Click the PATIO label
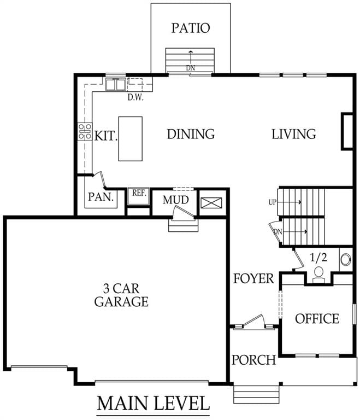[191, 28]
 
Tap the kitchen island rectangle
[131, 139]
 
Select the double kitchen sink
[116, 84]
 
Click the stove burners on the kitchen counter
[85, 131]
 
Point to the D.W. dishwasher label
[135, 97]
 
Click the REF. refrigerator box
[138, 196]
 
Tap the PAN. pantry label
[101, 197]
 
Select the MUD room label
[175, 200]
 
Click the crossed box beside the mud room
[211, 203]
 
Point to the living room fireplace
[347, 131]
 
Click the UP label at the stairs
[272, 202]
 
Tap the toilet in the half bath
[319, 275]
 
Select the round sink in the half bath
[346, 260]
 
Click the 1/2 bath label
[318, 258]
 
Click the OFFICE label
[317, 319]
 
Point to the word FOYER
[253, 278]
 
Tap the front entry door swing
[254, 320]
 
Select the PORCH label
[253, 360]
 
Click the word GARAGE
[121, 302]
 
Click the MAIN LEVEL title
[153, 404]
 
